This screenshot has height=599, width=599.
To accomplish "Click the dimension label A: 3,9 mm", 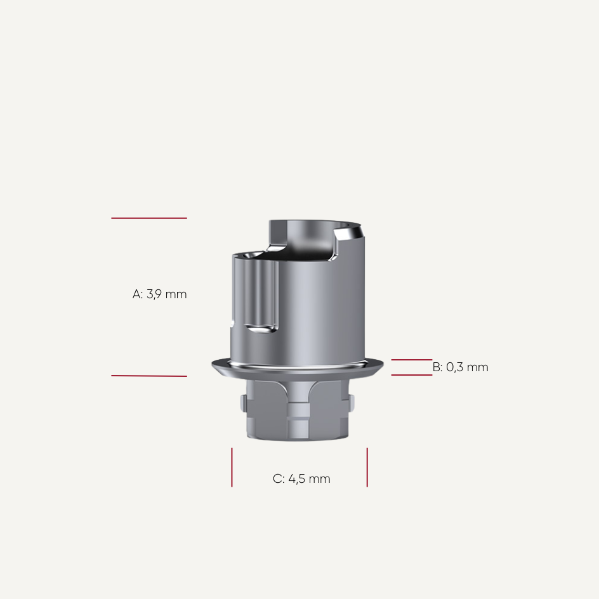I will (x=159, y=294).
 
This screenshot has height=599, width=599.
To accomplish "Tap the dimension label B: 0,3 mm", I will (x=460, y=367).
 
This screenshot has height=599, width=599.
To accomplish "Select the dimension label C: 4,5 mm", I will (x=301, y=479).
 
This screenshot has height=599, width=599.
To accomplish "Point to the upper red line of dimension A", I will (x=149, y=218).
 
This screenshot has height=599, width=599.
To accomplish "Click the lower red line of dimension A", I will (x=149, y=376).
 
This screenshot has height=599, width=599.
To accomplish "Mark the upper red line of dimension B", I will (x=411, y=360).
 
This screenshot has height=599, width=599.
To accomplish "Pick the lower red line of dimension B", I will (x=411, y=375).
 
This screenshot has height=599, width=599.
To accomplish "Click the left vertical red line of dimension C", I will (x=232, y=467).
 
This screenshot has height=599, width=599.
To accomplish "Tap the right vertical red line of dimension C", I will (x=367, y=467).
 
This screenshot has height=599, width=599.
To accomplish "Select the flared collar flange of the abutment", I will (x=298, y=367).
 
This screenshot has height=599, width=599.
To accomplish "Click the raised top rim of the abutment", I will (x=311, y=224).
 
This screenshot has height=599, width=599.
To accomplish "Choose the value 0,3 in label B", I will (x=456, y=367).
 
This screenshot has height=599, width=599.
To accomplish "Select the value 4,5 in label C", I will (x=298, y=479).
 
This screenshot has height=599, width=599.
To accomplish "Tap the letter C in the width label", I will (x=277, y=479).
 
